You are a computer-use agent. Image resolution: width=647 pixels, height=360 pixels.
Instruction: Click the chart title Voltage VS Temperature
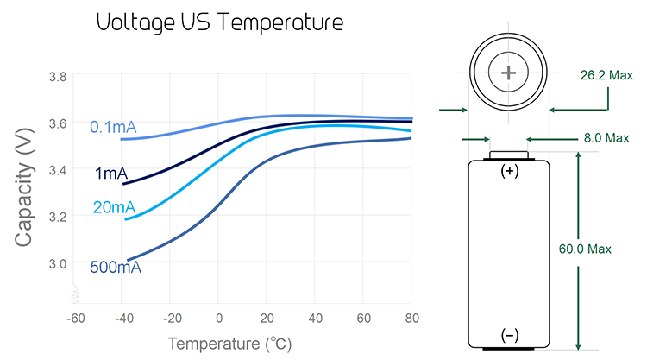(220, 22)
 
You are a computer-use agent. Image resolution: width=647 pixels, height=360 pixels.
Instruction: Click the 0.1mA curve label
(113, 127)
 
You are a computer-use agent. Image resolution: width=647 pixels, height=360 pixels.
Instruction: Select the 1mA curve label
(111, 174)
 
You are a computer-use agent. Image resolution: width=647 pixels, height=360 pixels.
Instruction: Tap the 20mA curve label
(114, 207)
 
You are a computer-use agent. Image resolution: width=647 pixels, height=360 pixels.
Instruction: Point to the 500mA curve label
(116, 268)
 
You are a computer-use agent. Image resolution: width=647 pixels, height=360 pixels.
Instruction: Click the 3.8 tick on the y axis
(57, 77)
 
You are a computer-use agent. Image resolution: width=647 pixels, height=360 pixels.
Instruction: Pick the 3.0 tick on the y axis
(57, 263)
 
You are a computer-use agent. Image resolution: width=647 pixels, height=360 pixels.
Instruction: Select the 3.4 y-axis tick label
(57, 170)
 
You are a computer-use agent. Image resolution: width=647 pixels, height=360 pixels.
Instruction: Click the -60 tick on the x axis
(76, 319)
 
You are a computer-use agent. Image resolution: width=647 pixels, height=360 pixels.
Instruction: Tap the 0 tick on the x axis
(219, 319)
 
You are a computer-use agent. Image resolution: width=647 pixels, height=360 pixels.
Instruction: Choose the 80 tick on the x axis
(411, 319)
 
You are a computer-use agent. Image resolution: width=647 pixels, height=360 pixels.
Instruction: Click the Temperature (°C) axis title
(229, 344)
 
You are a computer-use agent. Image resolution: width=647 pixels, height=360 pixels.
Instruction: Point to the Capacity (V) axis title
(23, 188)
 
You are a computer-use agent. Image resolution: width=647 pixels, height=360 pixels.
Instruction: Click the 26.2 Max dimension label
(606, 75)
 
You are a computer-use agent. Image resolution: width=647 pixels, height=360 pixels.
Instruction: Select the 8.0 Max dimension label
(606, 138)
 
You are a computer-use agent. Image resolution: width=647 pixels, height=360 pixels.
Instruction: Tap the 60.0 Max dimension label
(585, 249)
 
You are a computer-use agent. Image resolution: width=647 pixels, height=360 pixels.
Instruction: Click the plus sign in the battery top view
(508, 73)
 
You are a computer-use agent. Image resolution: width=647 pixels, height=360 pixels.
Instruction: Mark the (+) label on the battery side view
(510, 171)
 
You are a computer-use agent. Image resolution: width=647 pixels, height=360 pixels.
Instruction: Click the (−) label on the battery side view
(510, 335)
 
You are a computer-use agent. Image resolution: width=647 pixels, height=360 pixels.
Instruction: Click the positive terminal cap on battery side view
(509, 155)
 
